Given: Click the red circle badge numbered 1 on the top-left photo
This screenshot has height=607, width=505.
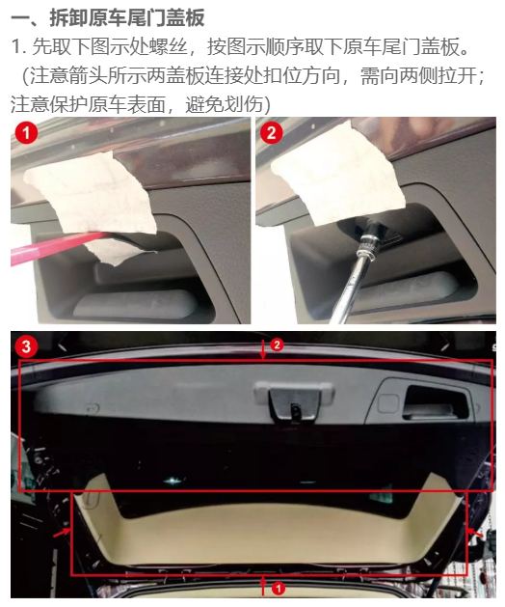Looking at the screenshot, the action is (x=26, y=133).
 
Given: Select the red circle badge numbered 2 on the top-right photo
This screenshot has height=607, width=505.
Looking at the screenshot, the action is (x=272, y=133).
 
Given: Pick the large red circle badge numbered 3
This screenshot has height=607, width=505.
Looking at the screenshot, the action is (x=26, y=345).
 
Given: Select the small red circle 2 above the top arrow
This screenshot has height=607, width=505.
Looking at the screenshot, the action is (x=277, y=345).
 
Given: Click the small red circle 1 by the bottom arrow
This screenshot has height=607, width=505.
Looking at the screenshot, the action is (x=278, y=589).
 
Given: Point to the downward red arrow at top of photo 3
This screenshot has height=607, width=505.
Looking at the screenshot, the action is (x=263, y=350).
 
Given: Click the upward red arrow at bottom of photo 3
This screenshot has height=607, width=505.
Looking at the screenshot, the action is (x=263, y=586).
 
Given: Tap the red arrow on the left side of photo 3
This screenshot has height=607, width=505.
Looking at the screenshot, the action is (x=62, y=533).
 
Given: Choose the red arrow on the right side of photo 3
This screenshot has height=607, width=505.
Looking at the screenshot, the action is (x=475, y=533).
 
